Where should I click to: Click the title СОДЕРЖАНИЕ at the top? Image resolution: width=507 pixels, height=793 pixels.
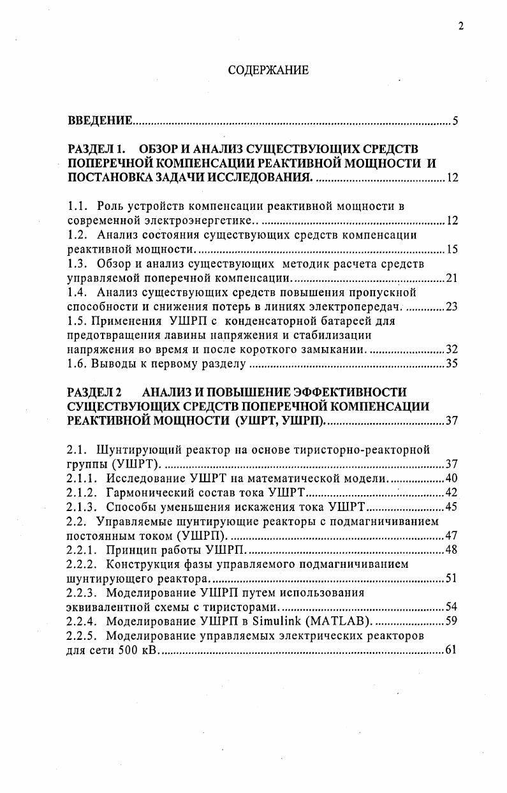[268, 71]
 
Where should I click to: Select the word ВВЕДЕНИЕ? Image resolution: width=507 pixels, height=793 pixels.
[100, 121]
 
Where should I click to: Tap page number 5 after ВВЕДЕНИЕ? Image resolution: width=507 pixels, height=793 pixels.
[455, 121]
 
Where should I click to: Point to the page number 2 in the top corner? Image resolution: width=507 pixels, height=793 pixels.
[460, 26]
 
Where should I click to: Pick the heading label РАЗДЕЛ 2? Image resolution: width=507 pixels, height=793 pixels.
[94, 391]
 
